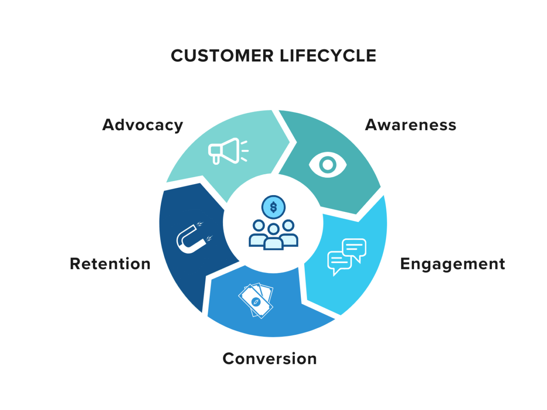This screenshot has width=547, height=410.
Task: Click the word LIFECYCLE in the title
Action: pyautogui.click(x=328, y=56)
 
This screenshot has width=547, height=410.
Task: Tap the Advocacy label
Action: pyautogui.click(x=143, y=125)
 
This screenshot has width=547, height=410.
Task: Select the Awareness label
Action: pyautogui.click(x=411, y=125)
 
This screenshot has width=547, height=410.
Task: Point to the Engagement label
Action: pyautogui.click(x=453, y=264)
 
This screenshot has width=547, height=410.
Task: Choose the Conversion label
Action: pyautogui.click(x=270, y=359)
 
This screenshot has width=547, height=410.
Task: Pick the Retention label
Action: pyautogui.click(x=110, y=264)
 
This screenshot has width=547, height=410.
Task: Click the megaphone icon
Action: pyautogui.click(x=227, y=151)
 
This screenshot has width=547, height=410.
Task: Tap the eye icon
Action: pyautogui.click(x=327, y=165)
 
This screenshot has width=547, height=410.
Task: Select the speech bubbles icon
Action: pyautogui.click(x=347, y=256)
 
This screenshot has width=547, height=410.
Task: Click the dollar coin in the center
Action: pyautogui.click(x=273, y=208)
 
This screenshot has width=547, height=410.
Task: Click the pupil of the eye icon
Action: pyautogui.click(x=328, y=165)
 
